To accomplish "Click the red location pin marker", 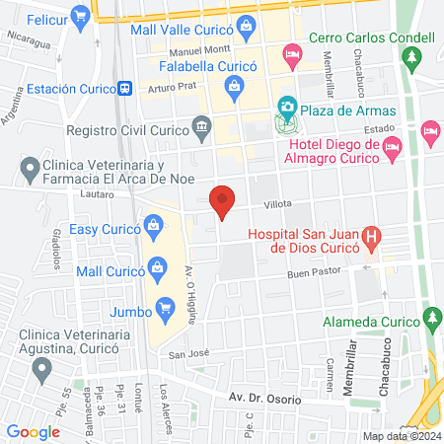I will pyautogui.click(x=223, y=201).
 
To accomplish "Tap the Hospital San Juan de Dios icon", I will pyautogui.click(x=371, y=236).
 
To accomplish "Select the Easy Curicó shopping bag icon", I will pyautogui.click(x=153, y=228).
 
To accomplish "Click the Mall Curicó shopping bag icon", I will pyautogui.click(x=156, y=266).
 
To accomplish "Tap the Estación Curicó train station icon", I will pyautogui.click(x=124, y=87).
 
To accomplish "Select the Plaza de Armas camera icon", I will pyautogui.click(x=286, y=106).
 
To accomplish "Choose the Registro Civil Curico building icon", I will pyautogui.click(x=202, y=128).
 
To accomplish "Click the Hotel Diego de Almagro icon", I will pyautogui.click(x=393, y=148).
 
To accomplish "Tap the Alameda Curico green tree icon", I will pyautogui.click(x=430, y=318).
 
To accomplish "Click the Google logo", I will pyautogui.click(x=33, y=431).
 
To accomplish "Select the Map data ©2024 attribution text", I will pyautogui.click(x=401, y=436).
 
